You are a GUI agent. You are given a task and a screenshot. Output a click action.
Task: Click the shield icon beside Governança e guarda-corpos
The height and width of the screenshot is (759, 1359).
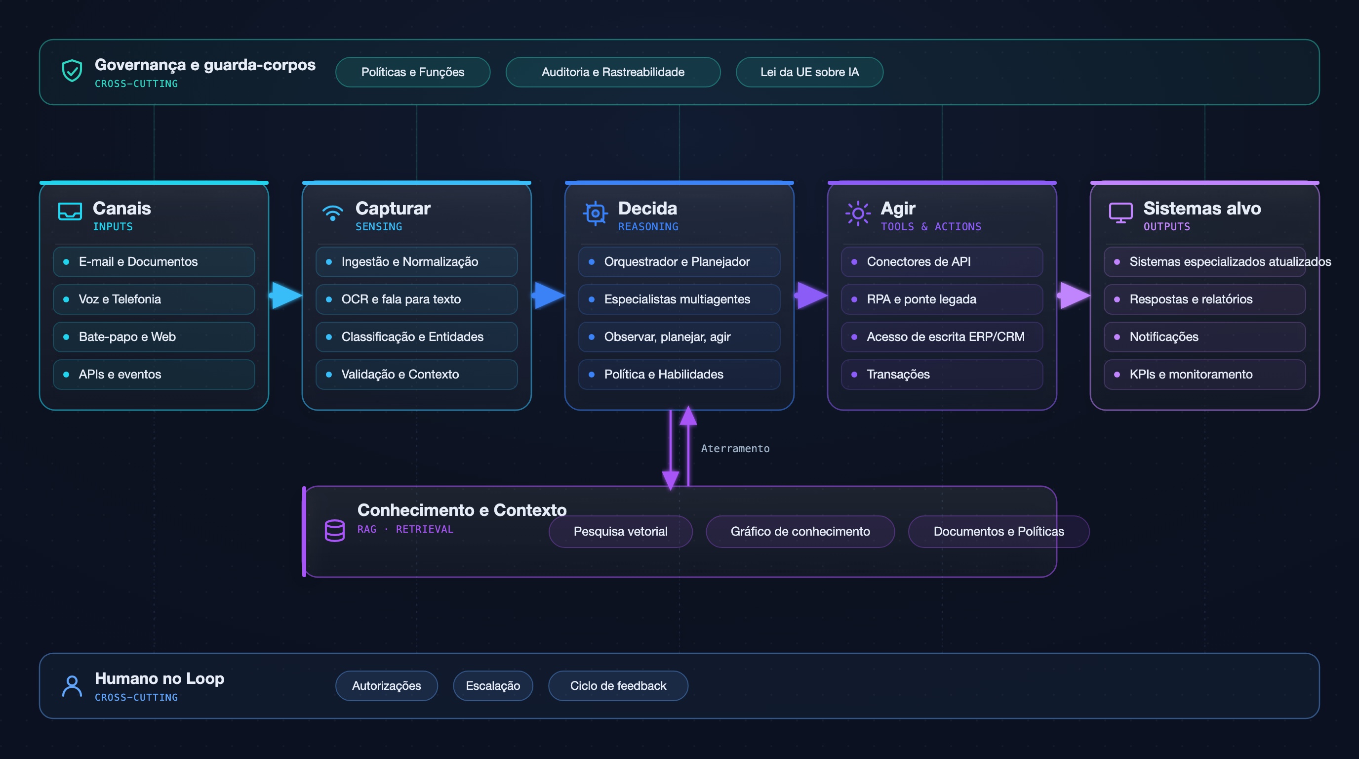[x=72, y=71]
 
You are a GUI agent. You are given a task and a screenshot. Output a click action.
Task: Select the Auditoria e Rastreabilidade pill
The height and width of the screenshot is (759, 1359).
[x=613, y=72]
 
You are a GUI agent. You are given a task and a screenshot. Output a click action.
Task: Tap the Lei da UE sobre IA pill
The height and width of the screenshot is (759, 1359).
[x=809, y=72]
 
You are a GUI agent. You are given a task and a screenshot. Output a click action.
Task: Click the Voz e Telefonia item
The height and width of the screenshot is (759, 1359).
[x=154, y=299]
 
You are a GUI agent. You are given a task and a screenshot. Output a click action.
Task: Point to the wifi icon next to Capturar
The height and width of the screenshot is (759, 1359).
[x=332, y=212]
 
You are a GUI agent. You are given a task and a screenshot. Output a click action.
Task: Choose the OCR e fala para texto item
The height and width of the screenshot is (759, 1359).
[x=417, y=299]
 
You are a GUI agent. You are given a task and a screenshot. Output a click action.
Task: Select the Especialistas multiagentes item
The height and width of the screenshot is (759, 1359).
[x=679, y=299]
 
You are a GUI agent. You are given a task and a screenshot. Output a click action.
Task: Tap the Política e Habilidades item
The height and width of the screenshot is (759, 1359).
[x=679, y=374]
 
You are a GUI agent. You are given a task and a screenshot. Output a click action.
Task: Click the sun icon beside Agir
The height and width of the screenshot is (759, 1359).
[x=858, y=213]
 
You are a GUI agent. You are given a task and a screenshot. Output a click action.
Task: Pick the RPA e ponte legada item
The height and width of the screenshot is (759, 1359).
[x=942, y=299]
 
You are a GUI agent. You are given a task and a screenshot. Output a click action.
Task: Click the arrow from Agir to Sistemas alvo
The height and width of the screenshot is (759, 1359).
[x=1074, y=295]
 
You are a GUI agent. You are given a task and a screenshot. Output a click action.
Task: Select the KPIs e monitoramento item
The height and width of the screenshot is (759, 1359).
[x=1205, y=374]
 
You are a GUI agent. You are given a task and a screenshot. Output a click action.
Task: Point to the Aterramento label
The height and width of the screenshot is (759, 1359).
[x=735, y=449]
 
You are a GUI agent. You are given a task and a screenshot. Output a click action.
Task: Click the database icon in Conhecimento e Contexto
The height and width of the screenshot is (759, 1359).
[x=334, y=530]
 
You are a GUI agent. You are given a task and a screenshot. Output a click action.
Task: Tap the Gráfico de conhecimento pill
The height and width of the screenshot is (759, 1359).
[x=800, y=532]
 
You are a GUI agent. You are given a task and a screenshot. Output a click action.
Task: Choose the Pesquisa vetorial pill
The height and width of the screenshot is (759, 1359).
[x=620, y=532]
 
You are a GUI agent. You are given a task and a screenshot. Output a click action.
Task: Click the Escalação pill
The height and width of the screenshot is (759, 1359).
[x=493, y=686]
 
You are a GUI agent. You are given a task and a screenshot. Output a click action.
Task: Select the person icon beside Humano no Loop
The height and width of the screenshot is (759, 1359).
[x=72, y=686]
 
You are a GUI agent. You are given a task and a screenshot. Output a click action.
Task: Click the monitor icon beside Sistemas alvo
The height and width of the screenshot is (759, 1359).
[x=1120, y=212]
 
